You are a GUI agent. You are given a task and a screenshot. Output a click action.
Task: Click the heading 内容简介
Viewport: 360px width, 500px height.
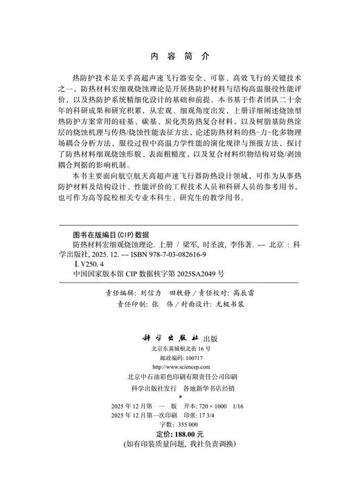tap(180, 56)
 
